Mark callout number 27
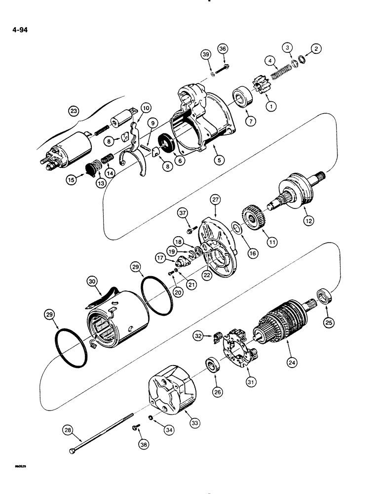pyautogui.click(x=216, y=200)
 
